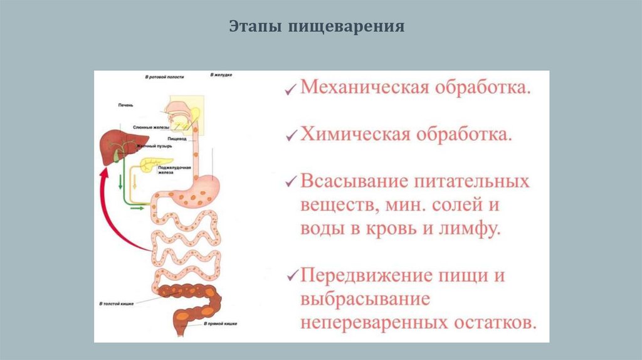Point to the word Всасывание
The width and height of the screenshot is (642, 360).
point(354,182)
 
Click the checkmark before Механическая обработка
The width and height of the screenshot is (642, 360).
point(290,90)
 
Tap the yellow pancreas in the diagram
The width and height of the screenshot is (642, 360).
point(152,164)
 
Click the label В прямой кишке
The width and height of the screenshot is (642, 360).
point(218,324)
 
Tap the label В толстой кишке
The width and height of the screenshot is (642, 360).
point(115,303)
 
